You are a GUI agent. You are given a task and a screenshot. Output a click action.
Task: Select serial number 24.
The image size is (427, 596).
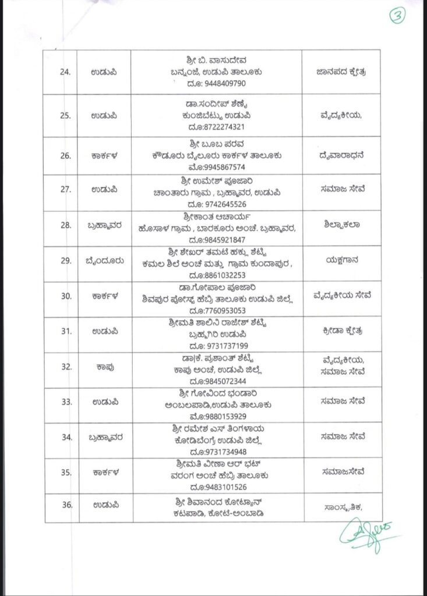68,72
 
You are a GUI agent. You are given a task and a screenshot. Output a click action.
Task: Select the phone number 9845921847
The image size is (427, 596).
221,240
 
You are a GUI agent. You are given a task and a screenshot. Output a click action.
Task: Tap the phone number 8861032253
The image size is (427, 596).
221,275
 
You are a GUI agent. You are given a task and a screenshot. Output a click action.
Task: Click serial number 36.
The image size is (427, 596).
68,505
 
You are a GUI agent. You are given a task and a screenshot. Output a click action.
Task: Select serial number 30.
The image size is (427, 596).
68,296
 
